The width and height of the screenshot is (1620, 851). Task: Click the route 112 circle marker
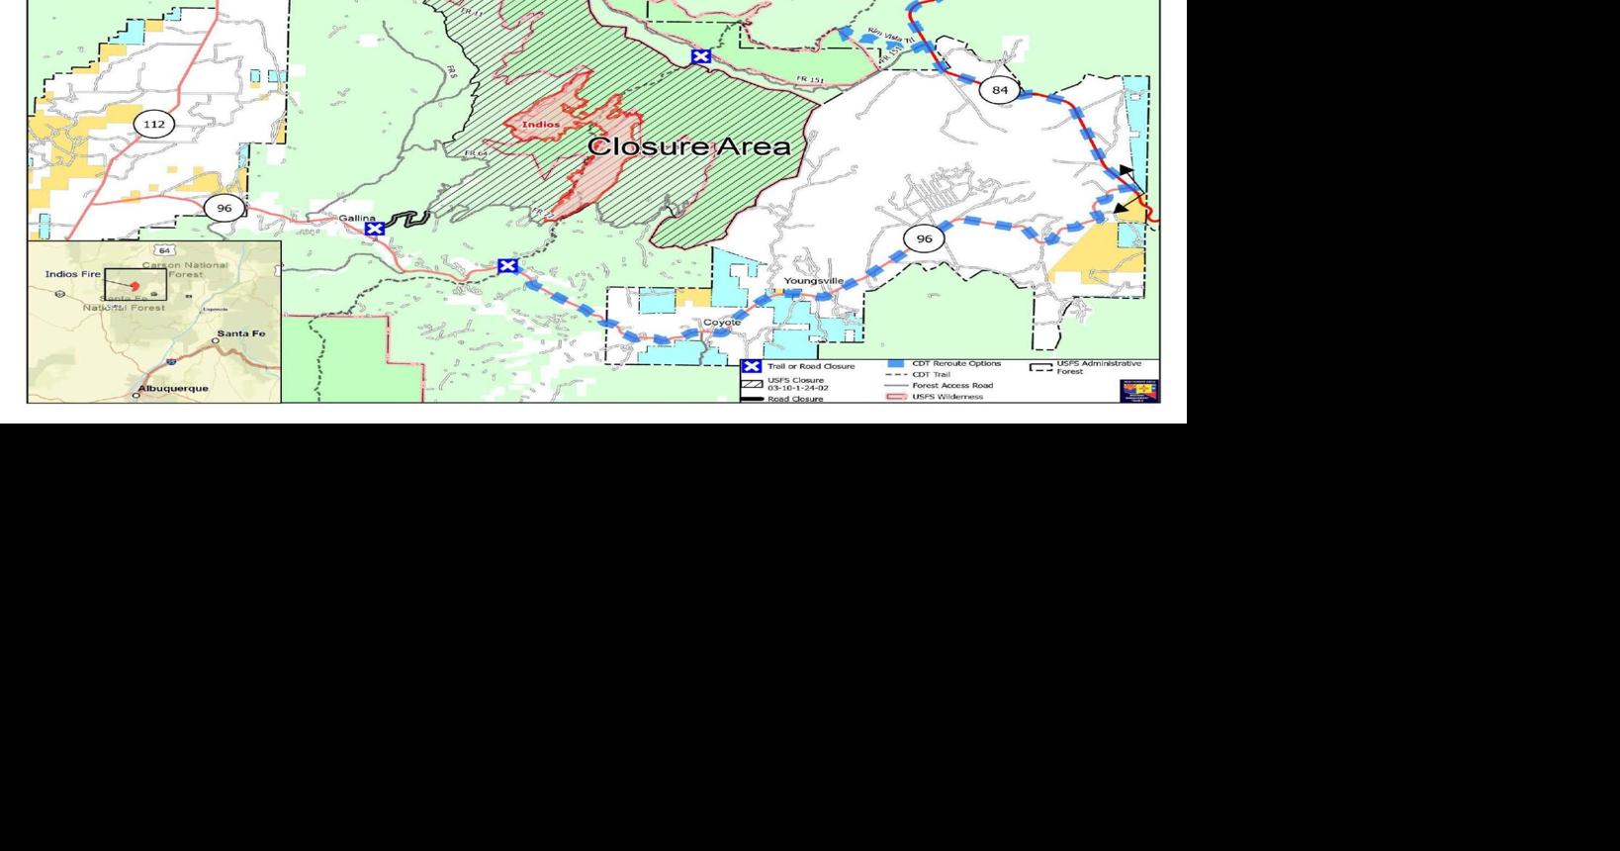[x=153, y=124]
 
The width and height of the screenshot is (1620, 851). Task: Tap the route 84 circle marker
[x=999, y=90]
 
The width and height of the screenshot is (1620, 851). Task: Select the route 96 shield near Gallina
[x=225, y=208]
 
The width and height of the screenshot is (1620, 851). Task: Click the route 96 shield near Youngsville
[x=924, y=238]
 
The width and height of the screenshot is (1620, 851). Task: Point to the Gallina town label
[x=357, y=218]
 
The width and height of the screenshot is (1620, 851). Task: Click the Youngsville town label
[x=814, y=281]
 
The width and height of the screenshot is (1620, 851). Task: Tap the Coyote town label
[x=722, y=323]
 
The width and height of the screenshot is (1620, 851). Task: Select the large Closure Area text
[x=688, y=147]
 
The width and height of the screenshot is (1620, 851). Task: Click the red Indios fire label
[x=541, y=125]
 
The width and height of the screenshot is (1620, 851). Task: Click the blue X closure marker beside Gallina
[x=375, y=230]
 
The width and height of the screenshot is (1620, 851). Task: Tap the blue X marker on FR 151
[x=701, y=56]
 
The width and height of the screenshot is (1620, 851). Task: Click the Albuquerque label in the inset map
[x=173, y=388]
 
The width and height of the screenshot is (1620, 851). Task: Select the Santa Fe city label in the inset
[x=240, y=333]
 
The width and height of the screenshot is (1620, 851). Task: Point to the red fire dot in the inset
[x=135, y=286]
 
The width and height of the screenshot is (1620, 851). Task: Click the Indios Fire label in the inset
[x=73, y=273]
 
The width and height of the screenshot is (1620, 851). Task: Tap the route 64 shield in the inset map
[x=164, y=250]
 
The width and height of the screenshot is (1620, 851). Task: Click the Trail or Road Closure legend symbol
[x=752, y=366]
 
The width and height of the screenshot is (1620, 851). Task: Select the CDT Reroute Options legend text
[x=956, y=363]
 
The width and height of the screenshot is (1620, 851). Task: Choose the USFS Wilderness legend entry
[x=947, y=397]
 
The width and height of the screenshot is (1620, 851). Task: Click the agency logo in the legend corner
[x=1138, y=390]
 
